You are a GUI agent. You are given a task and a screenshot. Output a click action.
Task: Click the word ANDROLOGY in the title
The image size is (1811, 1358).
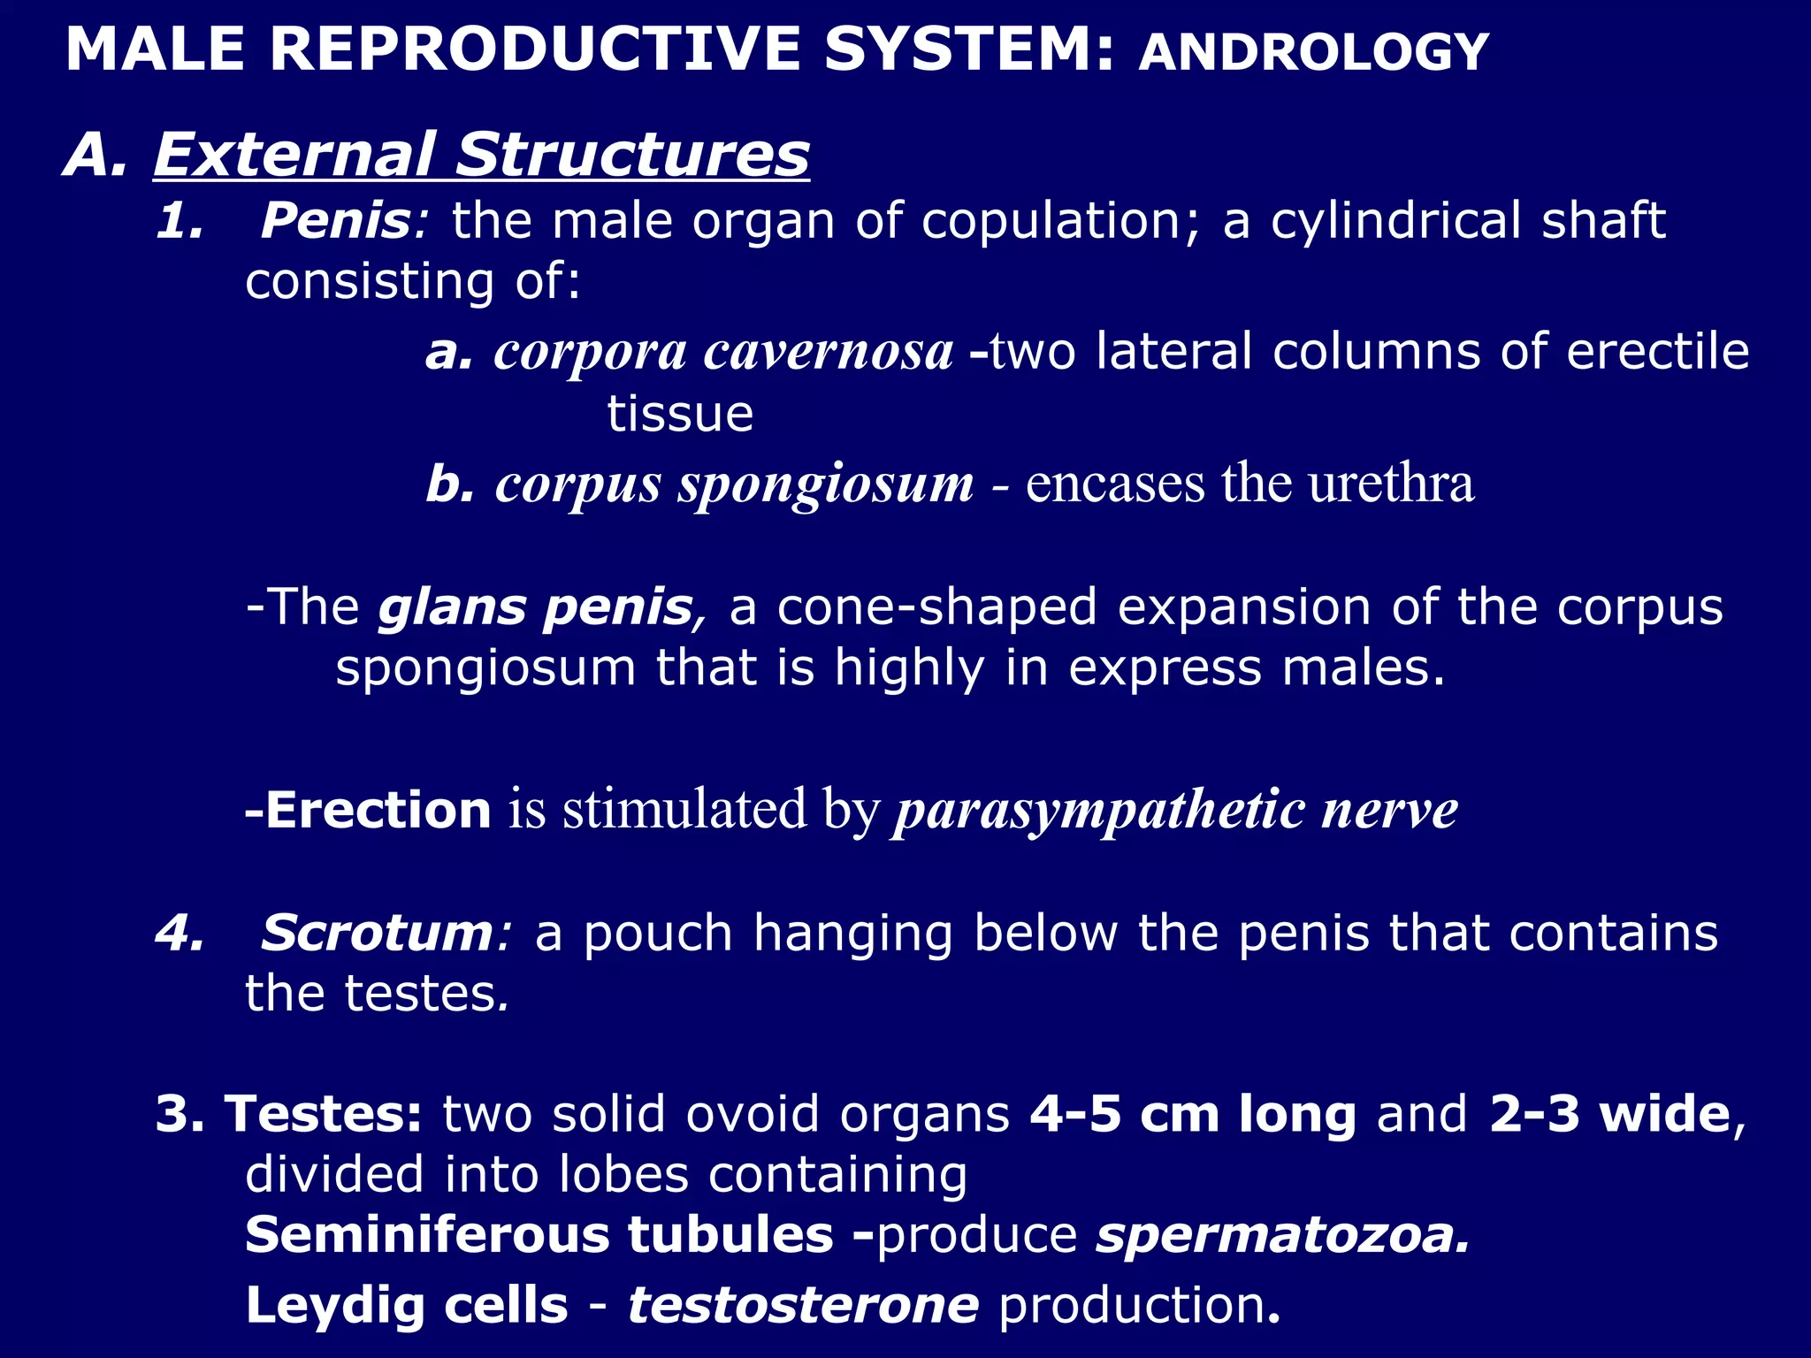tap(1314, 52)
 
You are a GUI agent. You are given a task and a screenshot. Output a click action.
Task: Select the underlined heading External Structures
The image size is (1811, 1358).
tap(481, 155)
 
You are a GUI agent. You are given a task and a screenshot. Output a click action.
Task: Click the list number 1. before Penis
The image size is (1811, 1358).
tap(180, 221)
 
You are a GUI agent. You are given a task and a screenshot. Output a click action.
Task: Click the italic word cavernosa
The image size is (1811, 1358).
tap(829, 352)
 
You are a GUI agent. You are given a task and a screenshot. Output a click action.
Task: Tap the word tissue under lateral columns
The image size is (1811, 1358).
tap(680, 414)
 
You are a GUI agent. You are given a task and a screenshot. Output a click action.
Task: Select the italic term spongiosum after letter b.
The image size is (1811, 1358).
tap(825, 484)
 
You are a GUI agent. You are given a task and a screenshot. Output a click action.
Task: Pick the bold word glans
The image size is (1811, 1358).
tap(452, 607)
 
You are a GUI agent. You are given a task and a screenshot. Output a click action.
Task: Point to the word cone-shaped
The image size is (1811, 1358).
tap(936, 607)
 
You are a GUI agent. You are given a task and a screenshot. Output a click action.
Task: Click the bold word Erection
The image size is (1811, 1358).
tap(378, 810)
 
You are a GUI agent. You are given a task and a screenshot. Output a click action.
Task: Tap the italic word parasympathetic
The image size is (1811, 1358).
tap(1099, 810)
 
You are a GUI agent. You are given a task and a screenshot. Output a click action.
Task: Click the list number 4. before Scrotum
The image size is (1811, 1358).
tap(180, 934)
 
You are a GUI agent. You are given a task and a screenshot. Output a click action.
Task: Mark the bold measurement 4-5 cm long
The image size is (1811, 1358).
tap(1193, 1114)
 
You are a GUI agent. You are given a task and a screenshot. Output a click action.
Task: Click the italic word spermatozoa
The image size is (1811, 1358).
tap(1282, 1236)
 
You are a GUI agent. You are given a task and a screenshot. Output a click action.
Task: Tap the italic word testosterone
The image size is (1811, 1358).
tap(803, 1305)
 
